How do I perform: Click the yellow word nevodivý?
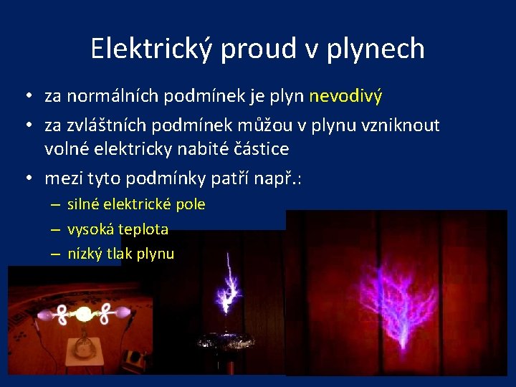[x=346, y=96]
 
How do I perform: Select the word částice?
[x=258, y=149]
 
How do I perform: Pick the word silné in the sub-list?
[x=84, y=204]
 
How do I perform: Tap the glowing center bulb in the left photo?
[x=84, y=314]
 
